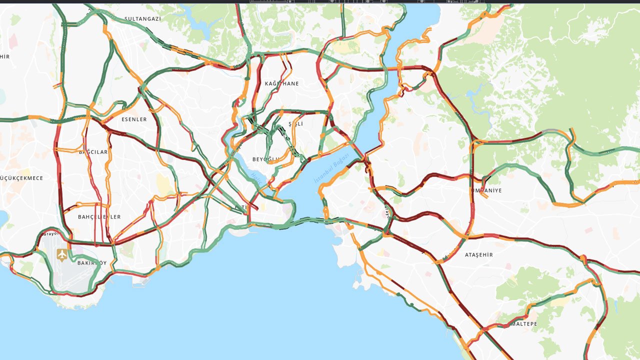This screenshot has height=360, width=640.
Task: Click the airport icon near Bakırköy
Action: (62, 254)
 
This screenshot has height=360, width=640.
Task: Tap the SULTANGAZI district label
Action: (142, 18)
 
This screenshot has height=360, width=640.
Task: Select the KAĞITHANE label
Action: (281, 83)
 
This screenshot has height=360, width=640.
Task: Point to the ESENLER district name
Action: (134, 119)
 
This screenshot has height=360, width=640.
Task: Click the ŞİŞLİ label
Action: (296, 123)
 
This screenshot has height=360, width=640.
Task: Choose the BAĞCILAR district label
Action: (93, 152)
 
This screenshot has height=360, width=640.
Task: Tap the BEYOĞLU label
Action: (264, 159)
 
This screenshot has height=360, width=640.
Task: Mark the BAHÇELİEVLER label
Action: (99, 217)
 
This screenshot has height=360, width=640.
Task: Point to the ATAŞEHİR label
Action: (478, 255)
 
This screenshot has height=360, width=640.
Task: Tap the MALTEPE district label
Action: (523, 324)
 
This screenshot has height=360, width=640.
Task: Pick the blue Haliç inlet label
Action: (256, 178)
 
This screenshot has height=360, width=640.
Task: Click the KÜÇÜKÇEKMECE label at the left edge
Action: (21, 178)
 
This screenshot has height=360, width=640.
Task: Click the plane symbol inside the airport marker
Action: (62, 254)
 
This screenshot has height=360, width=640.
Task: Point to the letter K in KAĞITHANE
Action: (266, 83)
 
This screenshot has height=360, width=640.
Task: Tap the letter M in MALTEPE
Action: (512, 324)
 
